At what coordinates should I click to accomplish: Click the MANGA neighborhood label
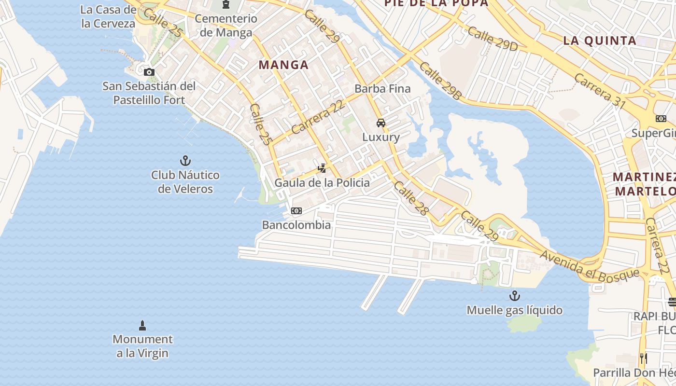pos(283,65)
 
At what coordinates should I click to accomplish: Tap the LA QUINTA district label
pos(600,41)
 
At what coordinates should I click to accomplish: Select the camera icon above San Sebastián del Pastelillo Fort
pos(149,72)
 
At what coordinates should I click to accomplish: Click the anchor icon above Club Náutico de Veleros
pos(185,161)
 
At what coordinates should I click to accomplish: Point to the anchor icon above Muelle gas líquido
pos(514,295)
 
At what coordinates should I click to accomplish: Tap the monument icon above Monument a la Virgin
pos(142,325)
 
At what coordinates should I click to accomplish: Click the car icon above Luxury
pos(381,123)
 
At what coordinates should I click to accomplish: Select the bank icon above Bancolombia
pos(296,211)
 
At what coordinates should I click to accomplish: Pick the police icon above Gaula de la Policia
pos(322,168)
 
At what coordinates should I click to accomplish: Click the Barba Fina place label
pos(382,89)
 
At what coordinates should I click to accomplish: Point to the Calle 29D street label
pos(492,39)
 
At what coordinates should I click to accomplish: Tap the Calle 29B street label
pos(440,81)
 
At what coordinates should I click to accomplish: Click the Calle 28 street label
pos(411,198)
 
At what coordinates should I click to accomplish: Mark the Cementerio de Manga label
pos(225,26)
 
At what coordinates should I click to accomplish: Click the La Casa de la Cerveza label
pos(108,17)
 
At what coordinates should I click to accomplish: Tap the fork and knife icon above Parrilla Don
pos(643,358)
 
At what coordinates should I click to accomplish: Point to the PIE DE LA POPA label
pos(436,3)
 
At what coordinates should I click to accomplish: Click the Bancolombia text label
pos(296,225)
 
